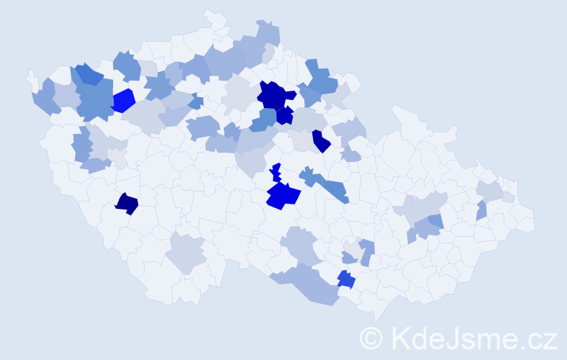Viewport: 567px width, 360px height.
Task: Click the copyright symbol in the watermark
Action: pos(372,338)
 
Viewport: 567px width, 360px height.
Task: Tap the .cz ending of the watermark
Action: pos(536,338)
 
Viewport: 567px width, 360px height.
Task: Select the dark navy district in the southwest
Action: pos(127,204)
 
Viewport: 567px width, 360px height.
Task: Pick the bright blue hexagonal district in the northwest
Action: pos(123,100)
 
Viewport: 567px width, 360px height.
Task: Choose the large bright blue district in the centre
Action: pos(282,195)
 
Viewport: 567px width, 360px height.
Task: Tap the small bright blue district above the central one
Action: pos(276,174)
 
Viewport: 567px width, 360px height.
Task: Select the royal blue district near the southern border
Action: pos(346,279)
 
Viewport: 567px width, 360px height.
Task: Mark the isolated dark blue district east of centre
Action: pos(320,141)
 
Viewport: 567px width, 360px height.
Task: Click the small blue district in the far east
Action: pos(481,210)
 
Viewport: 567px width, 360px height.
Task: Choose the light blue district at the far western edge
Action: pos(45,98)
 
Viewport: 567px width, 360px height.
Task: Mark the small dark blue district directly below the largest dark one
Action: pos(284,115)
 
